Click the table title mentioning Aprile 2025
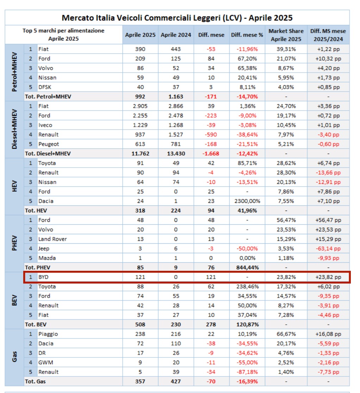[177, 18]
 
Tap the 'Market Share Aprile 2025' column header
[286, 35]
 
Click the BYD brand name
[43, 277]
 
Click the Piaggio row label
[48, 334]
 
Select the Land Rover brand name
[52, 239]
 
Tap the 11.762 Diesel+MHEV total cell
[140, 154]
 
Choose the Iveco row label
[45, 125]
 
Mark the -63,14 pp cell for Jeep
[328, 249]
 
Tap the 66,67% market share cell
[286, 334]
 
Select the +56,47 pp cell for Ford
[328, 220]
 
